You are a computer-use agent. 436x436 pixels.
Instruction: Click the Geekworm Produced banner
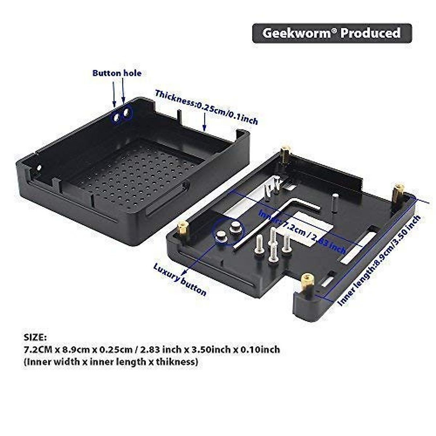click(332, 33)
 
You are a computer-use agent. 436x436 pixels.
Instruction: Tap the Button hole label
click(117, 73)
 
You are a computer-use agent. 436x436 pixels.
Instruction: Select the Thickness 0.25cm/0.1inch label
click(206, 107)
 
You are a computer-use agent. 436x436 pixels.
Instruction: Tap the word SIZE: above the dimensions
click(35, 337)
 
